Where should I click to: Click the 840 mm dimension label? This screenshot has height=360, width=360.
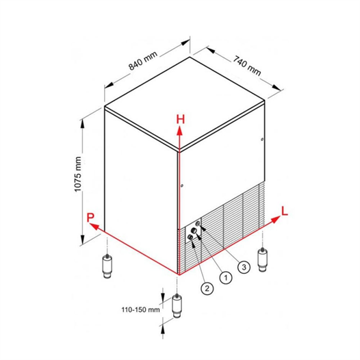(143, 61)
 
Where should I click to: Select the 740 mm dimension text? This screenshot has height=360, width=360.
(247, 66)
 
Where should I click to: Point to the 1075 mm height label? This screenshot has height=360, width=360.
(78, 175)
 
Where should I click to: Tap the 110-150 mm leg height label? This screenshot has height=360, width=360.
(140, 310)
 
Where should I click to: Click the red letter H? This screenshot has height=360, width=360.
(181, 119)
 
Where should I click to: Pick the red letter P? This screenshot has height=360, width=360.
(90, 218)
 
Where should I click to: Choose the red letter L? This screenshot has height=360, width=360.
(285, 211)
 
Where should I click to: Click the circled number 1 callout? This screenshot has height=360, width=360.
(226, 278)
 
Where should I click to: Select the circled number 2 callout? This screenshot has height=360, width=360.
(207, 288)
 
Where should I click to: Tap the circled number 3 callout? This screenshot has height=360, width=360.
(244, 267)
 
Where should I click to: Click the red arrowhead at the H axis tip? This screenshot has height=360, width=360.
(179, 131)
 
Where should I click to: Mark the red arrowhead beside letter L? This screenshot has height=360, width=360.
(276, 219)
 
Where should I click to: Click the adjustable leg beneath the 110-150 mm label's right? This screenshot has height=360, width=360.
(177, 306)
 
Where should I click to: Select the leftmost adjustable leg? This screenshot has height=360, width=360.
(107, 266)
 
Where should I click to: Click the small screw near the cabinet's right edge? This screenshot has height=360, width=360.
(262, 139)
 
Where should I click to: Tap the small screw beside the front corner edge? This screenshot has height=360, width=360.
(182, 185)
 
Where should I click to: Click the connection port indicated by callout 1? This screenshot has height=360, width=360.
(194, 231)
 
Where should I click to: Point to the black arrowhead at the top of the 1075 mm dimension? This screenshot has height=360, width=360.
(82, 124)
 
